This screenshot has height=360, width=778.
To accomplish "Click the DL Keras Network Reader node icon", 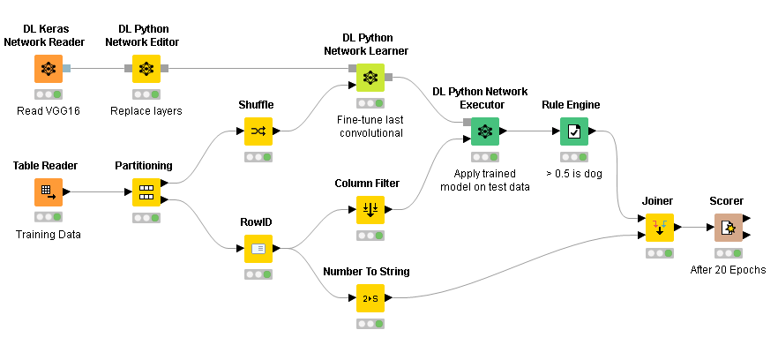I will coord(49,68).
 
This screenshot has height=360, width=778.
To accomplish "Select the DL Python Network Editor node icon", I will coord(146,68).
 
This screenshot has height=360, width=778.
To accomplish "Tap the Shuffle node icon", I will coord(258,131).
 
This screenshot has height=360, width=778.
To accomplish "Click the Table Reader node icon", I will coord(49,191).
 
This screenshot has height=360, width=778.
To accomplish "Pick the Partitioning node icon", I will coord(146,191).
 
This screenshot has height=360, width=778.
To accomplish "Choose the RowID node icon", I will coord(258,248).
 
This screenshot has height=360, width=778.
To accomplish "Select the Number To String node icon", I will coord(370,297).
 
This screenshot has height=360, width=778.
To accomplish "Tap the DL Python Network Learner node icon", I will coord(370,78).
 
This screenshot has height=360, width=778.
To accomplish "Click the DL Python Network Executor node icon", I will coord(484,131).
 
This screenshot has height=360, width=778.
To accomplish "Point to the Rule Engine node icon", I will coord(574,131).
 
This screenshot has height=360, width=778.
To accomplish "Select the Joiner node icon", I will coord(659,227).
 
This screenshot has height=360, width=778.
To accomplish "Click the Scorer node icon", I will coord(728,227).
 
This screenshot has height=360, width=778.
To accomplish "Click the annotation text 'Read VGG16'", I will coord(49,111).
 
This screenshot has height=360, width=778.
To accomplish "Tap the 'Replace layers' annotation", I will coord(146,111).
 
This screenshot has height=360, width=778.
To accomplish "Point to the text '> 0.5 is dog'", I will coord(574,174).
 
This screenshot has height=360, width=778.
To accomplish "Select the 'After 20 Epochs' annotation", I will coord(728,270).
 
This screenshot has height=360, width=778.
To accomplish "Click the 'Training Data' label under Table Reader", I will coord(49,235).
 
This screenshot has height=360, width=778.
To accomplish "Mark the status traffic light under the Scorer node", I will coord(728,253).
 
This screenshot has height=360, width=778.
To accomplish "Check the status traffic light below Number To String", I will coord(370,324).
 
